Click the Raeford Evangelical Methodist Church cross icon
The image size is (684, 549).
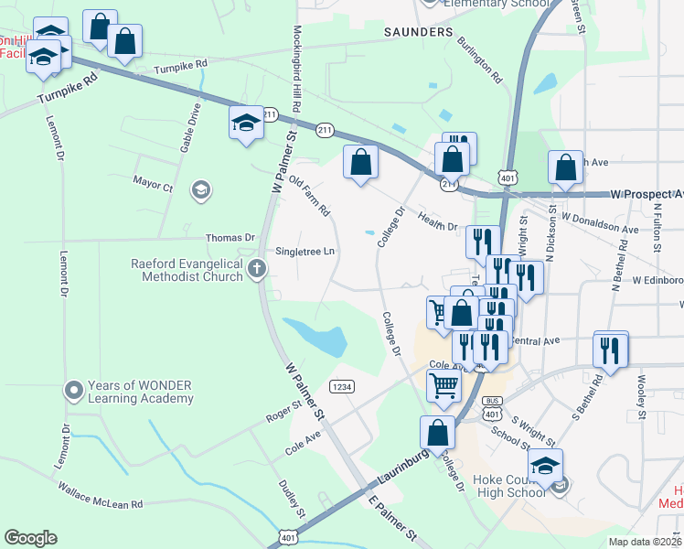pos(257,269)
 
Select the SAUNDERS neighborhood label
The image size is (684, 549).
pos(418,32)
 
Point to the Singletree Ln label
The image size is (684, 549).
pos(305,251)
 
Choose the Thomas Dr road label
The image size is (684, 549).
pos(230,237)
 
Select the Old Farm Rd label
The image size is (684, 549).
pos(309,197)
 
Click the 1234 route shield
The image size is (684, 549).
pos(342,386)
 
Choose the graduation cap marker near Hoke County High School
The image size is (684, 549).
pos(545,467)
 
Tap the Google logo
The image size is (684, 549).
pos(30,538)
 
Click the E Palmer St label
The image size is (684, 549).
pos(392,517)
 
